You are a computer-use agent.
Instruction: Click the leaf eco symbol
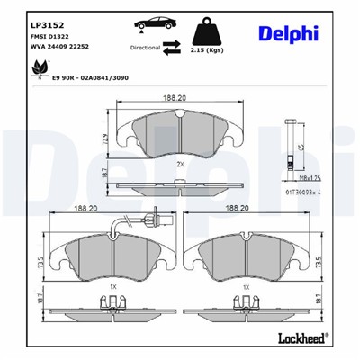(39, 68)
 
